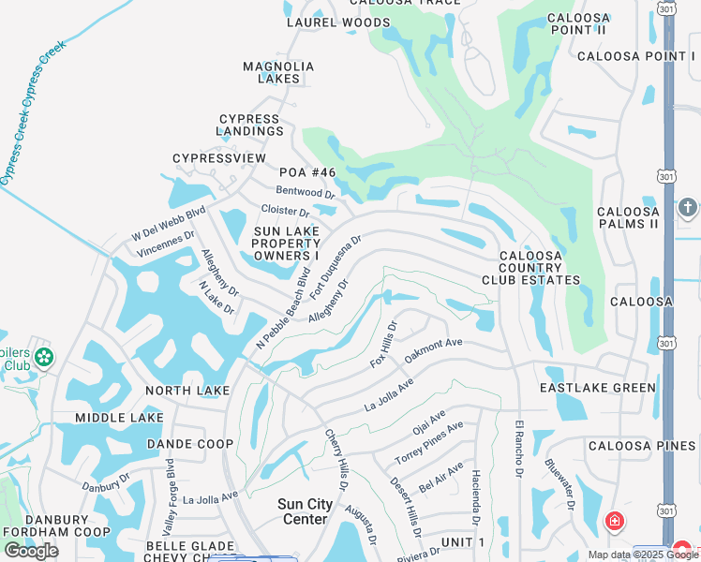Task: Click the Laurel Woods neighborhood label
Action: (x=337, y=22)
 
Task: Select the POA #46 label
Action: (x=307, y=172)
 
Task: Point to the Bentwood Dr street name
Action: (x=306, y=194)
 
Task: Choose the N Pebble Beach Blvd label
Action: (x=282, y=310)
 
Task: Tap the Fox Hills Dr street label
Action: (x=384, y=345)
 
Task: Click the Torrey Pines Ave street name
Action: (x=428, y=443)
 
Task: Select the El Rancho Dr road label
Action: (x=517, y=451)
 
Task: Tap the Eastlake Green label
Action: (x=598, y=388)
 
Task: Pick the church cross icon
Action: (x=688, y=207)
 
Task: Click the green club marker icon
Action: (x=43, y=357)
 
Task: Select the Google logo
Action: (x=31, y=551)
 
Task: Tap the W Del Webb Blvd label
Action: (x=169, y=221)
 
